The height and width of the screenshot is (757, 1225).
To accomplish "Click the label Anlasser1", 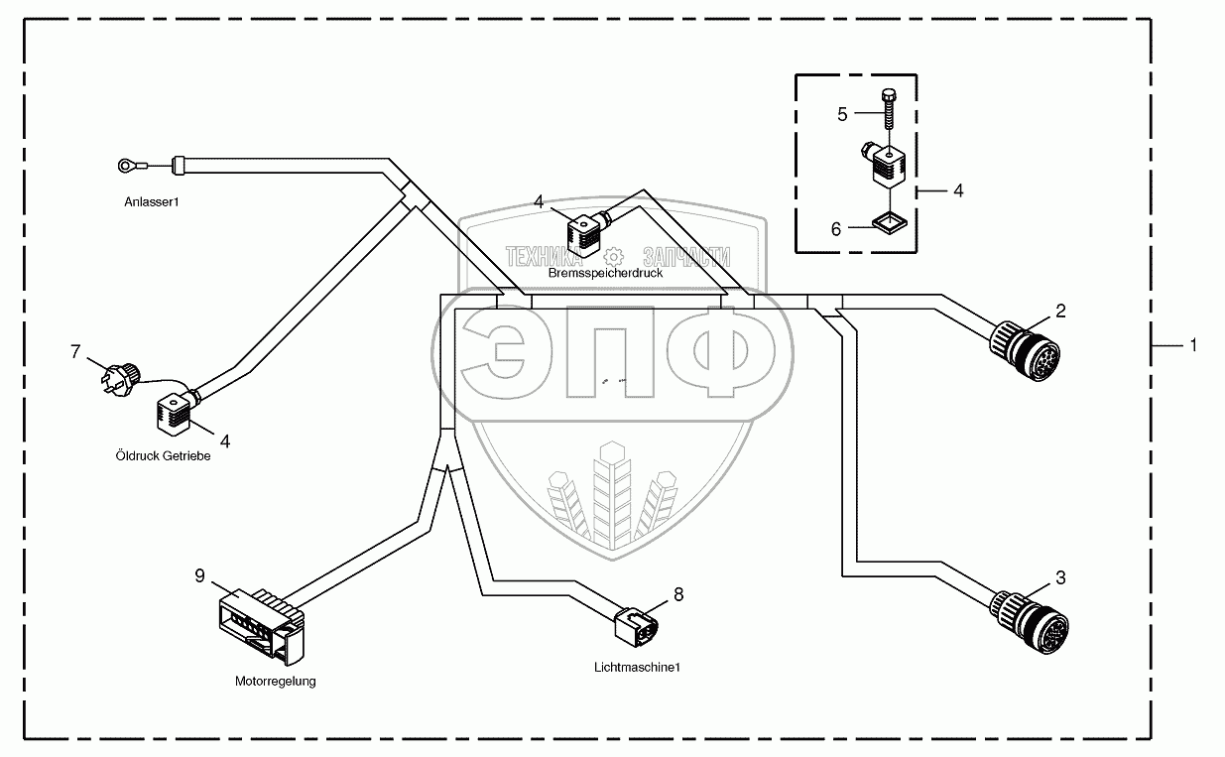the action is pyautogui.click(x=152, y=201).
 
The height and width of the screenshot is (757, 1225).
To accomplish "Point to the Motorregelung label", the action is pyautogui.click(x=275, y=682).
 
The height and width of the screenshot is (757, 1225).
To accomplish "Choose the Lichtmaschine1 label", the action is pyautogui.click(x=637, y=667).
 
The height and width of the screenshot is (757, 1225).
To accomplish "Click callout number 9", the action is pyautogui.click(x=200, y=575).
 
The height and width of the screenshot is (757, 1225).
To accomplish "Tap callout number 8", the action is pyautogui.click(x=678, y=594).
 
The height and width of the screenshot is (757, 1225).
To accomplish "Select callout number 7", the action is pyautogui.click(x=73, y=350).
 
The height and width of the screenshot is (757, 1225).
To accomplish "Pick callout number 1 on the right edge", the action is pyautogui.click(x=1193, y=345).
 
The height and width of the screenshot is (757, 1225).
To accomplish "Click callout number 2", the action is pyautogui.click(x=1060, y=312).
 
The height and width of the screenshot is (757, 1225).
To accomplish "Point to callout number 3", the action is pyautogui.click(x=1060, y=577).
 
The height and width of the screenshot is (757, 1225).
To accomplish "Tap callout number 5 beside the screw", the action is pyautogui.click(x=842, y=114).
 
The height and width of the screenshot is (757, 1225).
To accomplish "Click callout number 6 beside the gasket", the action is pyautogui.click(x=836, y=229).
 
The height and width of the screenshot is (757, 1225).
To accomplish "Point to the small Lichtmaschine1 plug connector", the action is pyautogui.click(x=636, y=625).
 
